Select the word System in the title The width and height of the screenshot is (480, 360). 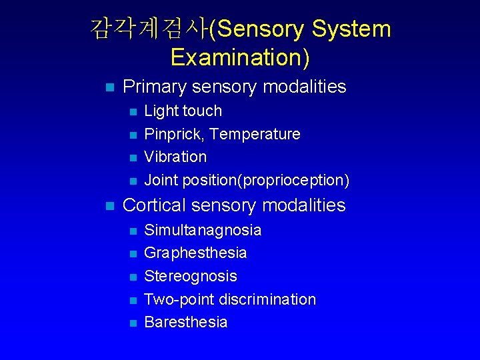pyautogui.click(x=351, y=29)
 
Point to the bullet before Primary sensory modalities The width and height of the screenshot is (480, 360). pyautogui.click(x=110, y=87)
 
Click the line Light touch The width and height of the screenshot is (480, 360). pyautogui.click(x=183, y=111)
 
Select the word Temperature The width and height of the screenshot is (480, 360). pyautogui.click(x=254, y=134)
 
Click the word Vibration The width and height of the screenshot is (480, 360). pyautogui.click(x=175, y=157)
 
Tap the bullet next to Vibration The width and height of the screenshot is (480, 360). pyautogui.click(x=133, y=158)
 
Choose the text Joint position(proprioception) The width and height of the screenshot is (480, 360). pyautogui.click(x=247, y=180)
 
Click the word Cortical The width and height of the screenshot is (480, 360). pyautogui.click(x=155, y=205)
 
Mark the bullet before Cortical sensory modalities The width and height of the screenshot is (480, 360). pyautogui.click(x=110, y=206)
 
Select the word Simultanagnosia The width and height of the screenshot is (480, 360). pyautogui.click(x=203, y=230)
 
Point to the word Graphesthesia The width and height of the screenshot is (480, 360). pyautogui.click(x=195, y=253)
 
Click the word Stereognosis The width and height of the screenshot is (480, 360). pyautogui.click(x=191, y=276)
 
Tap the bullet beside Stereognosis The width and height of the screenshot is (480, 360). pyautogui.click(x=133, y=277)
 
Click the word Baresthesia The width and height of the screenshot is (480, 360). pyautogui.click(x=186, y=322)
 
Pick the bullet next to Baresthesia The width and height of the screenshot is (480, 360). pyautogui.click(x=133, y=323)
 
